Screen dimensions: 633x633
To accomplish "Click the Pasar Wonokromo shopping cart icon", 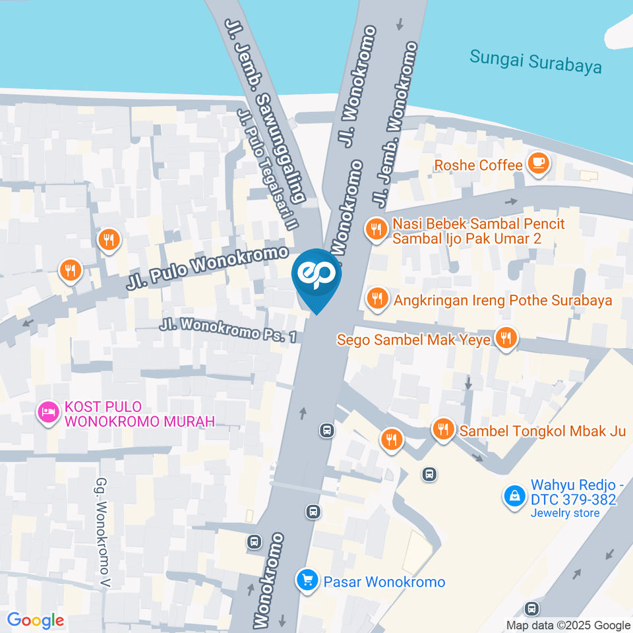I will pos(307,580).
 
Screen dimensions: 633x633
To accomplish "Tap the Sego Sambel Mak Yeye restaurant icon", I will pos(506,338).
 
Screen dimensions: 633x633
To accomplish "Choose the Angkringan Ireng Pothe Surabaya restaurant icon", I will pos(376,298).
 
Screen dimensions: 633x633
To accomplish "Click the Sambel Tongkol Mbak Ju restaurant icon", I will pos(442,429).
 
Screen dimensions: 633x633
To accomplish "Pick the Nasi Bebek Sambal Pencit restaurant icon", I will pos(376,229).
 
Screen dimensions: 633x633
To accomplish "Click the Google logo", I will pos(35,620).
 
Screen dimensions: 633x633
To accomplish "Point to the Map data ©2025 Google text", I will pos(568,625).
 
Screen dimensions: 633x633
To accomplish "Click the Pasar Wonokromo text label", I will pos(384,582).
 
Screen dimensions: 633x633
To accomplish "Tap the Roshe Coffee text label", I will pos(478,165).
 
